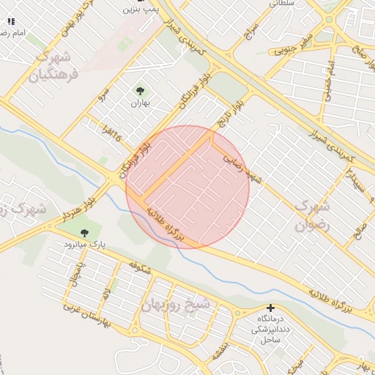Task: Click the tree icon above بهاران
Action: pos(140,91)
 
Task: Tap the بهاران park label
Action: pos(140,103)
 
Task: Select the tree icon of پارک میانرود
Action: pos(84,233)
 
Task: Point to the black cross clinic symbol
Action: pos(271,308)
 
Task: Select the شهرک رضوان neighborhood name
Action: pos(313,216)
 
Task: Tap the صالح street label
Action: pos(358,231)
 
